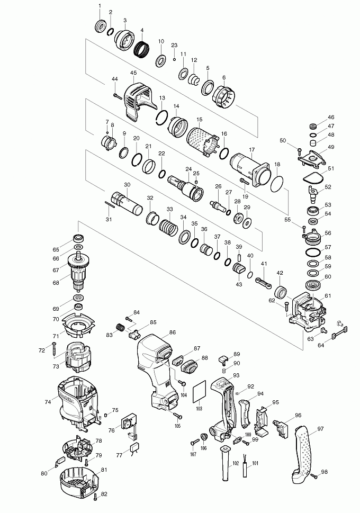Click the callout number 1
(x=99, y=6)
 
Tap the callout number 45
(x=133, y=73)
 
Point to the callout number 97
(x=320, y=429)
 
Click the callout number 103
(x=199, y=409)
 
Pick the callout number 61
(x=328, y=295)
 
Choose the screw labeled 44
(x=118, y=95)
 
